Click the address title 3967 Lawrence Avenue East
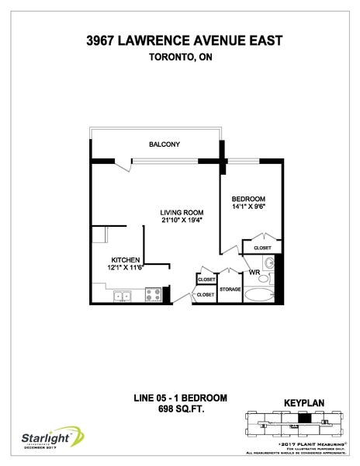(179, 41)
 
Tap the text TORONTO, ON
(179, 57)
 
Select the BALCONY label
(164, 144)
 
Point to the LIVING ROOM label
(182, 212)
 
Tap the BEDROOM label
(249, 198)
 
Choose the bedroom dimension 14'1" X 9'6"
(249, 207)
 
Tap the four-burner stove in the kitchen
(153, 295)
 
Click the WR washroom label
(253, 272)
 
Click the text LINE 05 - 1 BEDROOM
(181, 398)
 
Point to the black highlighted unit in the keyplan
(304, 417)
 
